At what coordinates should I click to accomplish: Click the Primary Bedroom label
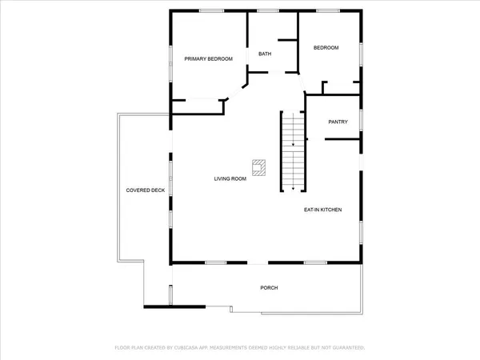click(x=209, y=59)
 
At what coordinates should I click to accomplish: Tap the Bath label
click(x=265, y=54)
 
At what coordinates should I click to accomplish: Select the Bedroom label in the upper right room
click(x=326, y=48)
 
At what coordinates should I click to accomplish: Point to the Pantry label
click(x=338, y=122)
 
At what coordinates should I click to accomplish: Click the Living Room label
click(x=230, y=178)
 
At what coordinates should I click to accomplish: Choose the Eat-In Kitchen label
click(x=322, y=210)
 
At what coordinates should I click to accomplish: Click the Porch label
click(x=269, y=287)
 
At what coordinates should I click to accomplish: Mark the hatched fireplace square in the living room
click(x=258, y=167)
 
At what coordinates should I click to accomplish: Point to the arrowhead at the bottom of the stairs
click(x=293, y=188)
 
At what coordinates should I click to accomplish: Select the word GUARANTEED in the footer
click(x=346, y=348)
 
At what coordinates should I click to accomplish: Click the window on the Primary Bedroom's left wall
click(x=170, y=56)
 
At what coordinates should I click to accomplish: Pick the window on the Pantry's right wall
click(x=362, y=120)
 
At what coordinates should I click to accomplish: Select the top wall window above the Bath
click(x=267, y=10)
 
